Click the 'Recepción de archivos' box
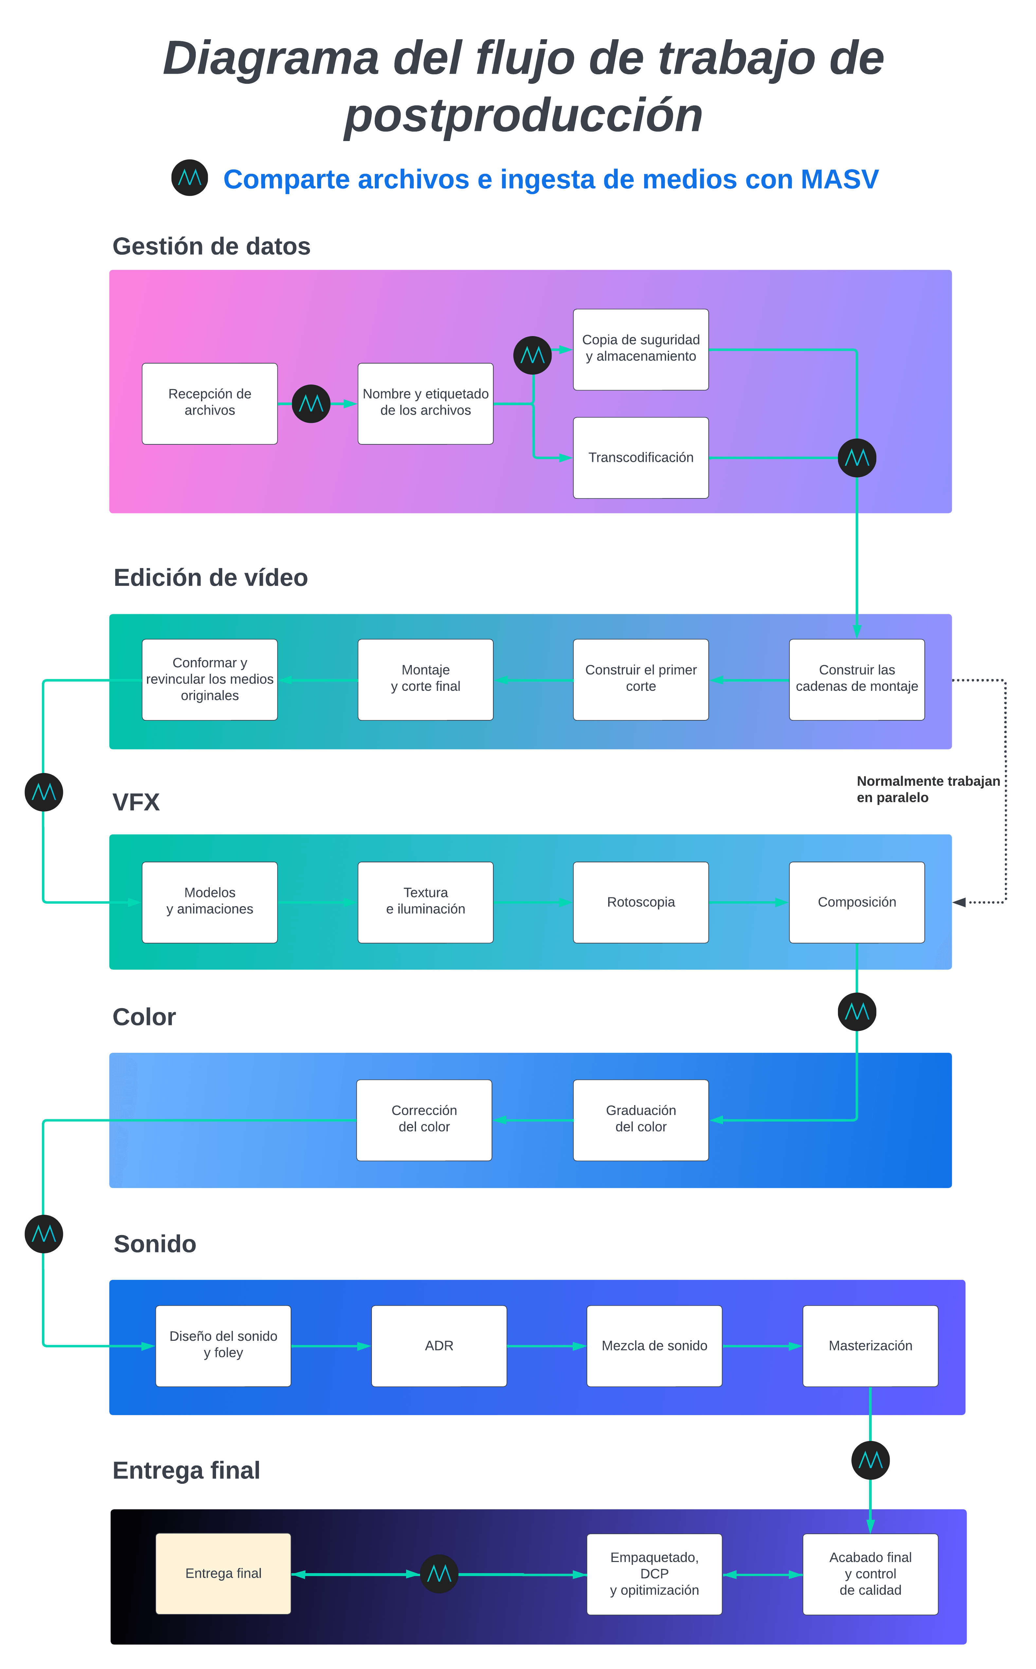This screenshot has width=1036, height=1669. click(x=210, y=404)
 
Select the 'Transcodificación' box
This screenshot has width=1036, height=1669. click(x=641, y=458)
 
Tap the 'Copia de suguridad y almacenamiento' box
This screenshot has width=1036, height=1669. click(x=641, y=349)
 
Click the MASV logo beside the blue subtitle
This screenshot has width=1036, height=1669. click(x=190, y=178)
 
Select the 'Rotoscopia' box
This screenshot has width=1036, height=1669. click(x=641, y=902)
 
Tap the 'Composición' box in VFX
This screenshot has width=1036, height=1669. click(x=857, y=902)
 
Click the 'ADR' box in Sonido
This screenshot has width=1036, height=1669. click(x=439, y=1346)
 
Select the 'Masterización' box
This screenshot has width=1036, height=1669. click(x=870, y=1346)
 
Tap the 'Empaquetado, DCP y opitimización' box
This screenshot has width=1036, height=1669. click(x=654, y=1574)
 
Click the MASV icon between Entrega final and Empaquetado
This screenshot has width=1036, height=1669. click(x=439, y=1574)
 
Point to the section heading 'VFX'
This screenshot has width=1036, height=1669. click(x=136, y=802)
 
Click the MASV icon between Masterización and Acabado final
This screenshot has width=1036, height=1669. click(x=870, y=1460)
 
